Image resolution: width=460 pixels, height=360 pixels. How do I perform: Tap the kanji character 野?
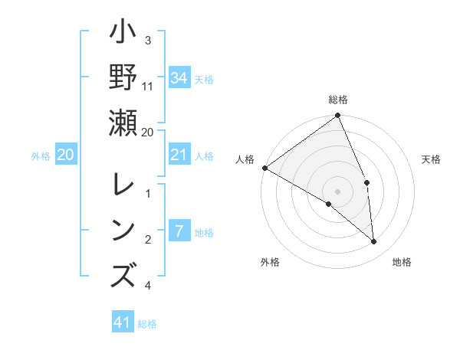[123, 79]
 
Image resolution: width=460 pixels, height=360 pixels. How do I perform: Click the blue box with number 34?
[179, 78]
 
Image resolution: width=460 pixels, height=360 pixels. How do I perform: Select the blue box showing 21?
[179, 155]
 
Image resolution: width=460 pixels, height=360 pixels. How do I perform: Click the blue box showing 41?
[123, 322]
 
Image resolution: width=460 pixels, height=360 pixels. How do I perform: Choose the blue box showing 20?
[66, 155]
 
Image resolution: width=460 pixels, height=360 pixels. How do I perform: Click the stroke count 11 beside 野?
[148, 85]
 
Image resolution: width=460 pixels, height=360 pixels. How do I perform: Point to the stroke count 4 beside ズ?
[148, 286]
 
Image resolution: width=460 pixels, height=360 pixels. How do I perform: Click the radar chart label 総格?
[338, 100]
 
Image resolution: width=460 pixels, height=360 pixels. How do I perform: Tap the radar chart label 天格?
[431, 159]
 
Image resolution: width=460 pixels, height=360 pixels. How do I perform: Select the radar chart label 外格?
[270, 262]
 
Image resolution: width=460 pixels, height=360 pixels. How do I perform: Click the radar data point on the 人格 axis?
[264, 168]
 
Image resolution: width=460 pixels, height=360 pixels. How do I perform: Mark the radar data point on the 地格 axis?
[373, 241]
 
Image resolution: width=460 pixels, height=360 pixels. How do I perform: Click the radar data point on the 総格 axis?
[337, 116]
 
